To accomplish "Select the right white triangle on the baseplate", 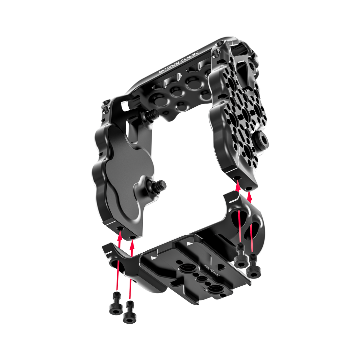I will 189,244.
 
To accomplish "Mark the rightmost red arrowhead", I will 250,196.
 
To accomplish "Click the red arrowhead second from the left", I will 133,243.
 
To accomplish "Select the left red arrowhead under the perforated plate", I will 238,187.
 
